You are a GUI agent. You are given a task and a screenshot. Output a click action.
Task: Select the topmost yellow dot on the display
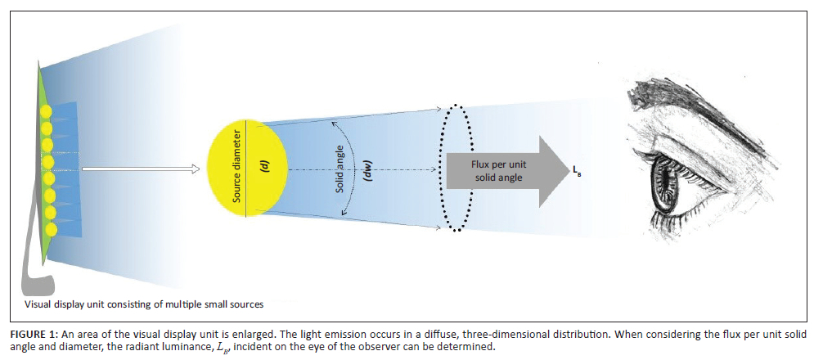47,111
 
